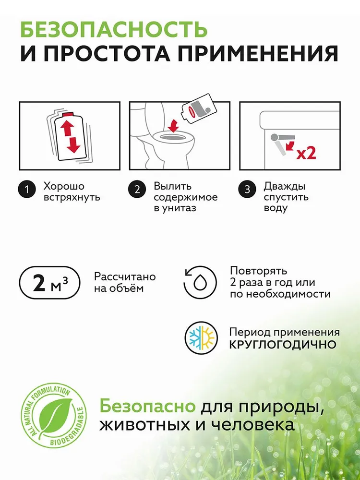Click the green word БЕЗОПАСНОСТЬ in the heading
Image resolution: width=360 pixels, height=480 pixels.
click(114, 29)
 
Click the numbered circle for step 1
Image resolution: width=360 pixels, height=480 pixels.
click(27, 190)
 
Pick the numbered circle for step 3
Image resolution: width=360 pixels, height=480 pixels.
click(247, 190)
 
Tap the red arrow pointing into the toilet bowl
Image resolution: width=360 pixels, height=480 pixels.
click(174, 125)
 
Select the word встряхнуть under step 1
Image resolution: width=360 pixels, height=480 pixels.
click(72, 197)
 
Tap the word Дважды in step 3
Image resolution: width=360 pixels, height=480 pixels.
click(285, 186)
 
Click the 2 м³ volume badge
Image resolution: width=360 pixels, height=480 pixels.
click(50, 282)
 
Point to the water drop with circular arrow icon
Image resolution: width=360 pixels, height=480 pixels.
click(200, 282)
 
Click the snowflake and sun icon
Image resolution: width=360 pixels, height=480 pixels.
click(201, 338)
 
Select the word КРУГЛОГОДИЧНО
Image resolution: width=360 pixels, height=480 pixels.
click(283, 344)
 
